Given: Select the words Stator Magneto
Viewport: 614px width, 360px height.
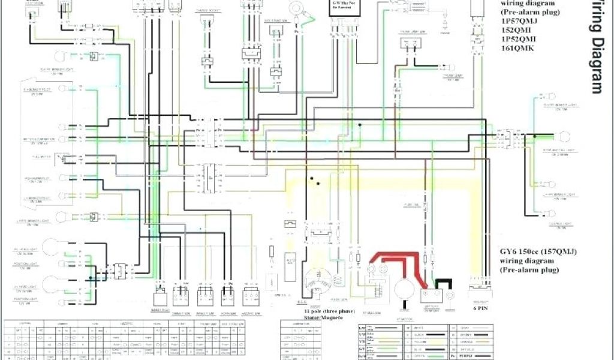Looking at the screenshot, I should [x=323, y=318].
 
